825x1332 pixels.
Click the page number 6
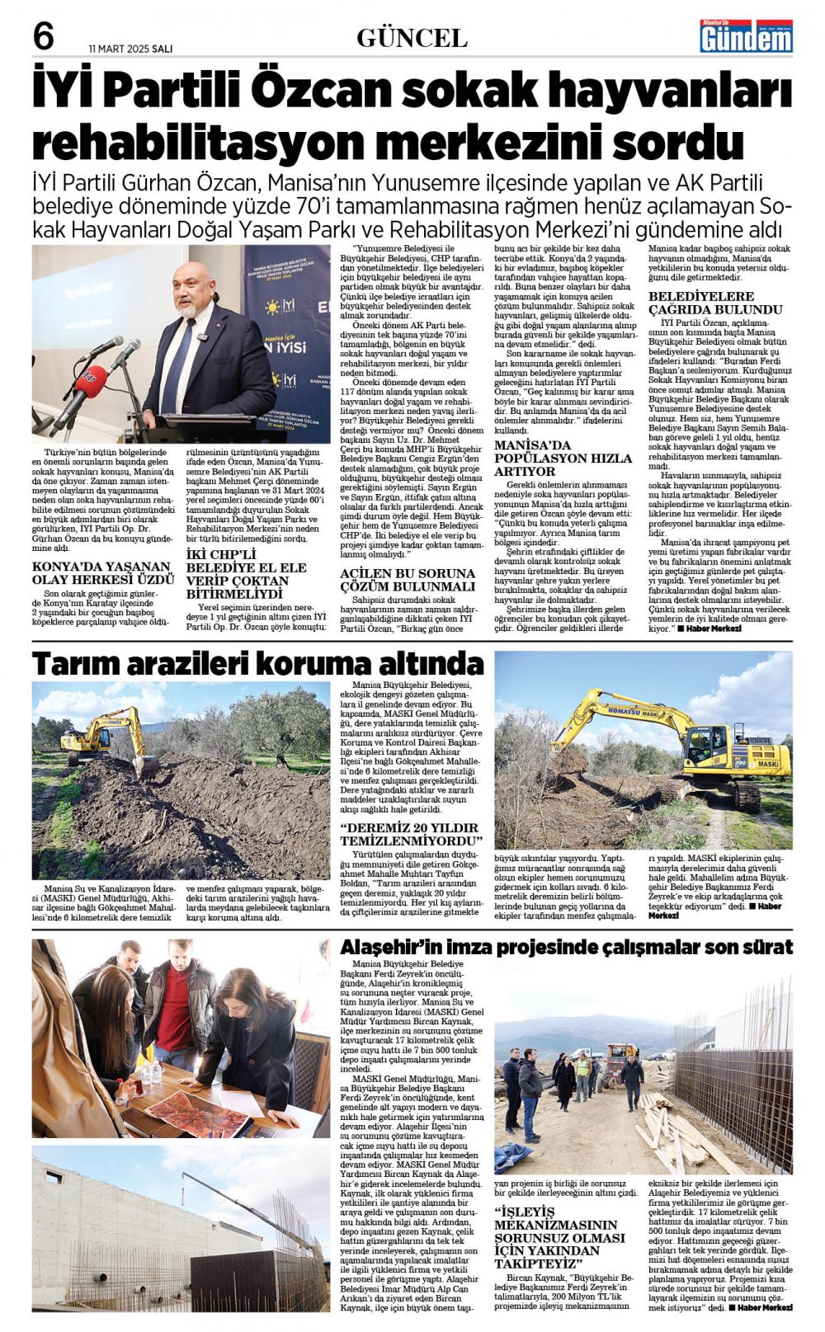[x=44, y=36]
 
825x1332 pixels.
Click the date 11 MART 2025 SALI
[x=130, y=49]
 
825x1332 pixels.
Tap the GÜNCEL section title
[x=412, y=38]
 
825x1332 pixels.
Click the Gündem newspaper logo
[x=746, y=37]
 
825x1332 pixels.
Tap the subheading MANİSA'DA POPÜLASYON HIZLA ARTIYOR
[x=563, y=458]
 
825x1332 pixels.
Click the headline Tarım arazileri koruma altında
[x=257, y=663]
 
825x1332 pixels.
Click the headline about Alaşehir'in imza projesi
[x=566, y=947]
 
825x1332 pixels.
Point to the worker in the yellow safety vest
[x=583, y=1074]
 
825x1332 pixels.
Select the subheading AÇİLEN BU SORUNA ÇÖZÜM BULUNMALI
[x=408, y=580]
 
